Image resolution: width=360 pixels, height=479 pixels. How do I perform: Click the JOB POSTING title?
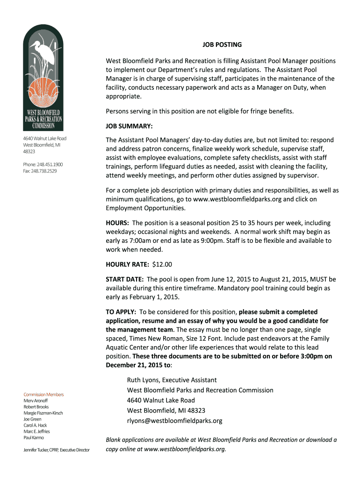click(x=222, y=45)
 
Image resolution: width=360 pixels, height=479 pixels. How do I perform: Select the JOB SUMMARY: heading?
click(x=129, y=126)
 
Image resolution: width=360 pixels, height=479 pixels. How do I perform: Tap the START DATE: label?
click(x=125, y=279)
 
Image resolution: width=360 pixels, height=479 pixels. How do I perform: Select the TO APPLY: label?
click(x=121, y=312)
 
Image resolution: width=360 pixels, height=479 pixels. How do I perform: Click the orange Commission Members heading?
click(x=43, y=394)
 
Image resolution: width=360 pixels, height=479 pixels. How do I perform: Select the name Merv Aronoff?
click(x=36, y=401)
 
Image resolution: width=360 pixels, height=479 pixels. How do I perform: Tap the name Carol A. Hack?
click(x=35, y=425)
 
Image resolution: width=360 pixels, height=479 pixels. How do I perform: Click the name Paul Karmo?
click(x=34, y=437)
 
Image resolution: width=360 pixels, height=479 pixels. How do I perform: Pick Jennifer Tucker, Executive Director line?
click(x=57, y=450)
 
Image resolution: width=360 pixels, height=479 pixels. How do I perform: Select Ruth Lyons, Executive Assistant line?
click(x=172, y=380)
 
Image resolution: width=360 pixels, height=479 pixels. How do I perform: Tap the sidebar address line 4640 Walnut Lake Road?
click(x=45, y=138)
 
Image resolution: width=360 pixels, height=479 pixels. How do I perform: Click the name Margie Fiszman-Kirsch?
click(x=43, y=413)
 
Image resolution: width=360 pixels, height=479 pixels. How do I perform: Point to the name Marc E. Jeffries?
click(x=36, y=431)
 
